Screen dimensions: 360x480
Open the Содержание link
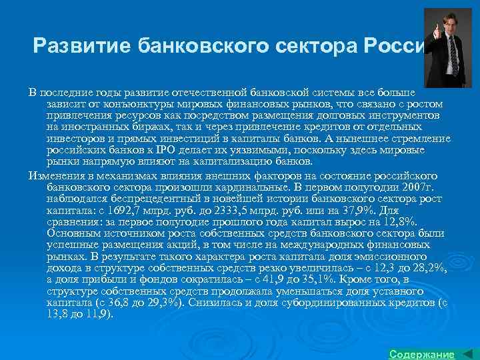pos(421,353)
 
